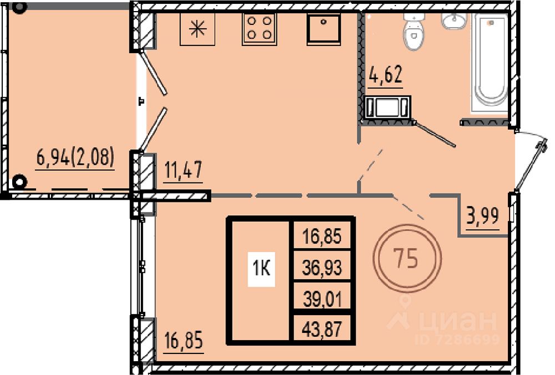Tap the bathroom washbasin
tap(454, 21)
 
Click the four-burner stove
tap(259, 29)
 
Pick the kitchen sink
tap(324, 29)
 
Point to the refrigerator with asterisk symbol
tap(198, 29)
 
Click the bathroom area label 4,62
tap(386, 75)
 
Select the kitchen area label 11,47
tap(183, 170)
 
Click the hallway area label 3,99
tap(482, 216)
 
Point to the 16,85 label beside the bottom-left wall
tap(184, 341)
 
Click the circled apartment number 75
tap(407, 259)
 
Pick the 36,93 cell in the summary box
tap(322, 267)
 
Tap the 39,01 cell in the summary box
tap(322, 300)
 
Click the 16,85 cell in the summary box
tap(322, 236)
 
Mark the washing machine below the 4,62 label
tap(387, 107)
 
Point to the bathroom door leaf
tap(435, 134)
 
